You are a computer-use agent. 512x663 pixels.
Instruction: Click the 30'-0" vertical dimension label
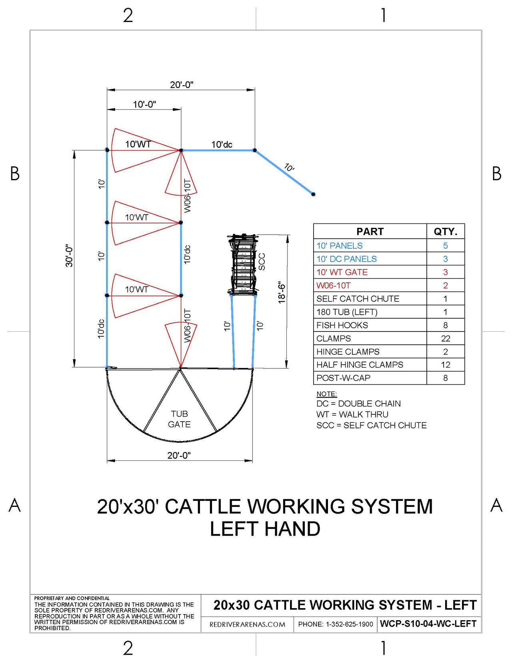click(x=69, y=256)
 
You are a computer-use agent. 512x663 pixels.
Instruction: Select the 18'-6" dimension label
click(x=282, y=292)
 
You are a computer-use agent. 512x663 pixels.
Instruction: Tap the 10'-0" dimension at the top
click(x=144, y=104)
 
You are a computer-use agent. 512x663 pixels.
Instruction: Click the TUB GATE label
click(x=179, y=419)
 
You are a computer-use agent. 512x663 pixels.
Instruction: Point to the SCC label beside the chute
click(x=262, y=261)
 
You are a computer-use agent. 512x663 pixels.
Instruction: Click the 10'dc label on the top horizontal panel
click(x=222, y=145)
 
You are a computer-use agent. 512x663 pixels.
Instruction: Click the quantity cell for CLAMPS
click(x=445, y=338)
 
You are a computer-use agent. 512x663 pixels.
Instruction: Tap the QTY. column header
click(x=445, y=231)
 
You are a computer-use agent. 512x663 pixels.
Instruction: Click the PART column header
click(x=370, y=231)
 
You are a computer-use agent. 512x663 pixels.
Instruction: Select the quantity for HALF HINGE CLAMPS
click(x=445, y=365)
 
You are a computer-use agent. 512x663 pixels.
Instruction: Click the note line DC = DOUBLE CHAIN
click(x=358, y=404)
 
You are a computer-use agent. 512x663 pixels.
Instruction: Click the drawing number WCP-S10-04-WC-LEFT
click(x=428, y=624)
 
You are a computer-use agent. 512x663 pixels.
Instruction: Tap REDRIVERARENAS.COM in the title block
click(x=247, y=625)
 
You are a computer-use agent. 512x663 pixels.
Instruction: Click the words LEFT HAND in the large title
click(x=265, y=529)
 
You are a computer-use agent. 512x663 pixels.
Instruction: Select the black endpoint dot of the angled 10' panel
click(x=313, y=194)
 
